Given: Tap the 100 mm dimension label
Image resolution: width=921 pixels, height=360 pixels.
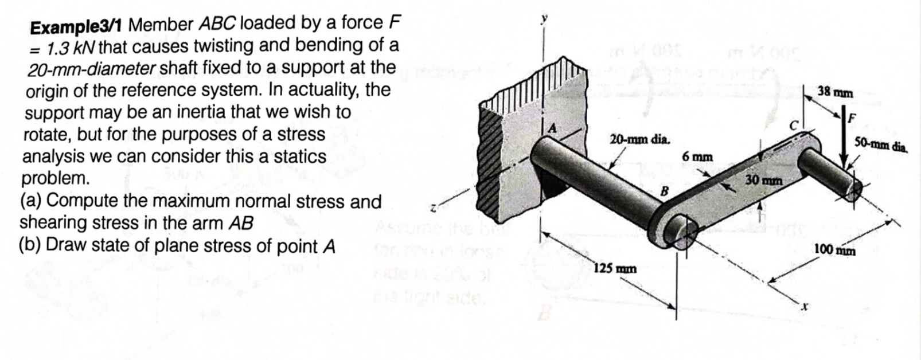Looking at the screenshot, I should pyautogui.click(x=835, y=251).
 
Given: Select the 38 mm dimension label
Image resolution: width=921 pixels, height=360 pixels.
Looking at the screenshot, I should pyautogui.click(x=835, y=92).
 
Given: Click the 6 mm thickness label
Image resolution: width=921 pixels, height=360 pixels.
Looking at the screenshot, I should pyautogui.click(x=697, y=156).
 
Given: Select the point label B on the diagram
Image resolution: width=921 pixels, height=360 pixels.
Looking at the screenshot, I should pyautogui.click(x=665, y=190).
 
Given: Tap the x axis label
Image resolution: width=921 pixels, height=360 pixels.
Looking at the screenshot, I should pyautogui.click(x=804, y=310).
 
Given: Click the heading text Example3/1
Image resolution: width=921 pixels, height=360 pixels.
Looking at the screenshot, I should pyautogui.click(x=78, y=26).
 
